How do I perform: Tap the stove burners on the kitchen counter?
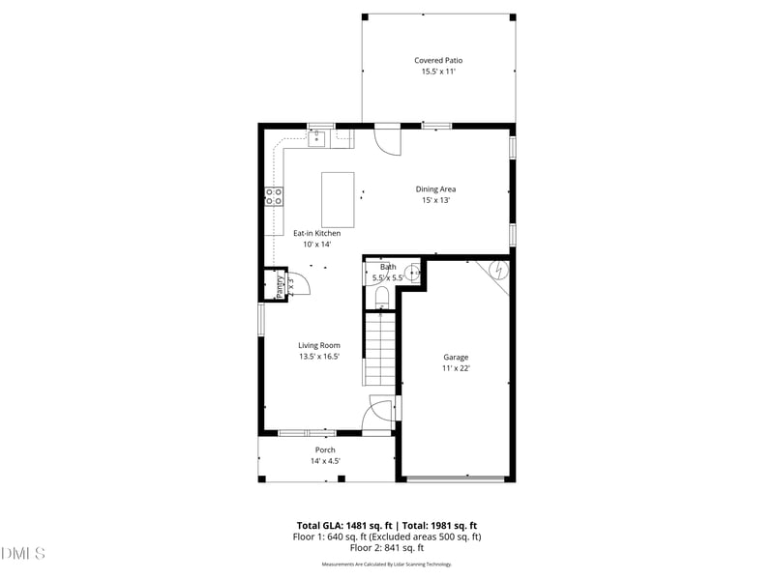pos(275,197)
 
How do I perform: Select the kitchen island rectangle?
pos(338,199)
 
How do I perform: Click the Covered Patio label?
pos(438,60)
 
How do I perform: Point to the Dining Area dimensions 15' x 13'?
pos(435,201)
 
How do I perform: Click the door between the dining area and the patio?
pos(388,139)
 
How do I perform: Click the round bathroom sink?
pos(412,274)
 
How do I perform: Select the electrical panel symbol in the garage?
pos(497,271)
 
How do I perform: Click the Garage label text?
pos(456,357)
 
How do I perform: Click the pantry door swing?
pos(300,283)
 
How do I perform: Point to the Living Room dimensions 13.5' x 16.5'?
pos(319,357)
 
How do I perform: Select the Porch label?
pos(325,449)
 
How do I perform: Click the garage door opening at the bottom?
pos(456,478)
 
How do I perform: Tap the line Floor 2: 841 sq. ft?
pos(387,547)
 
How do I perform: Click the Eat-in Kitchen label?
pos(317,233)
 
